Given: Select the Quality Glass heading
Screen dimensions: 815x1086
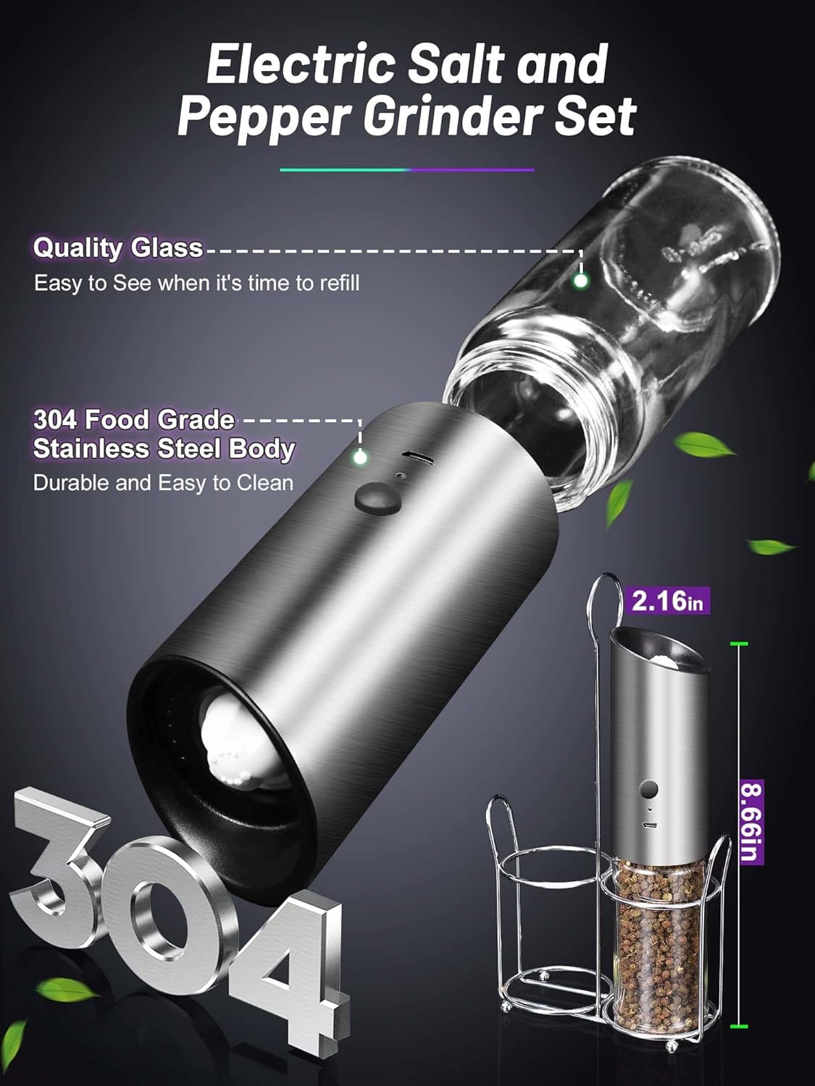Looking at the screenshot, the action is pyautogui.click(x=118, y=248).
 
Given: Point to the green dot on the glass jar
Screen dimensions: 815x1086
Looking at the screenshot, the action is pyautogui.click(x=580, y=281).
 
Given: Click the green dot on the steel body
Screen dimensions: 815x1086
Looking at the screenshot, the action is pyautogui.click(x=360, y=457).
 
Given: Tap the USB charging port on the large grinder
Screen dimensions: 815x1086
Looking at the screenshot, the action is pyautogui.click(x=417, y=458).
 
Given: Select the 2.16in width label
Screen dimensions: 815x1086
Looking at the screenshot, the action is pyautogui.click(x=667, y=601).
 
